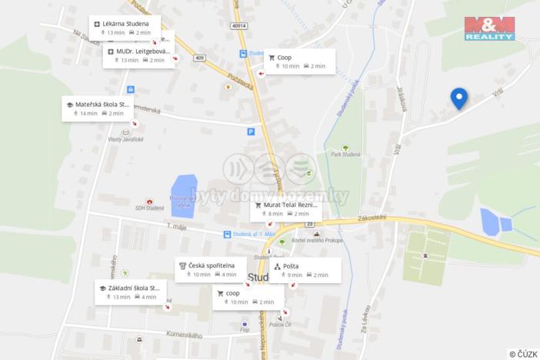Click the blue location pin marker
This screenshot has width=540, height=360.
point(458,98)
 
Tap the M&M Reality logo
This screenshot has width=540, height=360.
point(489,28)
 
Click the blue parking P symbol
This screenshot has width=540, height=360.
point(251,132)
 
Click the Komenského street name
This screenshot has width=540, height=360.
point(183,335)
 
